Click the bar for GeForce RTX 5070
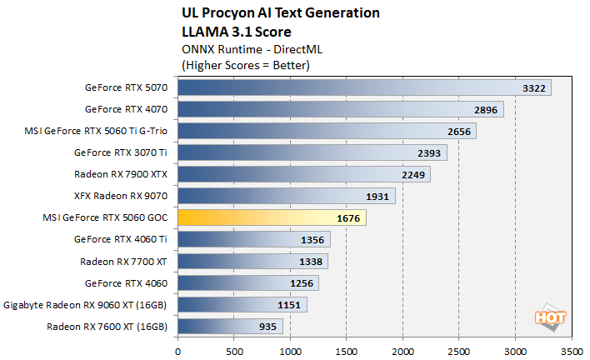[x=363, y=87]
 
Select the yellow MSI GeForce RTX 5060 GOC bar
[x=272, y=218]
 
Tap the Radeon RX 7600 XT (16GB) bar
[x=230, y=327]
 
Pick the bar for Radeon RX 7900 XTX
[x=303, y=174]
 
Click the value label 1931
[x=378, y=197]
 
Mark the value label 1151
[x=290, y=305]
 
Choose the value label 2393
[x=430, y=152]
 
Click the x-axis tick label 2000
[x=402, y=350]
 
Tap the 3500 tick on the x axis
[x=572, y=350]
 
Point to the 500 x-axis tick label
[x=234, y=350]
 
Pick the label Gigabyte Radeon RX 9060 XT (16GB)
[x=86, y=305]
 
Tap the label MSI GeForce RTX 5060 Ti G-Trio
[x=97, y=131]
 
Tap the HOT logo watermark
[x=546, y=317]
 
